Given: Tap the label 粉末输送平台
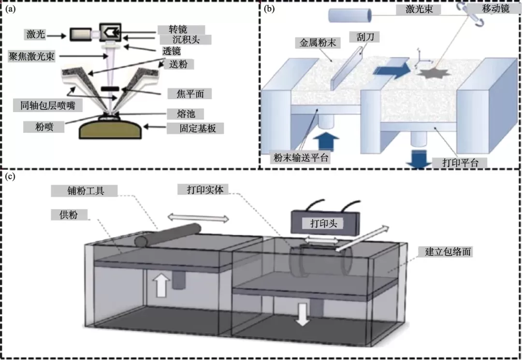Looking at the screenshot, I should click(300, 157).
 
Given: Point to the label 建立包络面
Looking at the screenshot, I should click(450, 251).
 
